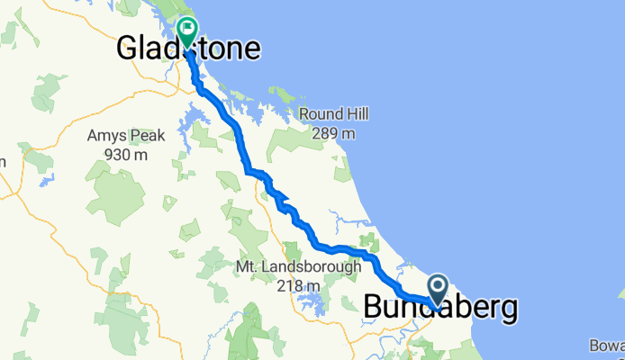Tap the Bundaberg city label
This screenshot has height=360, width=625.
[441, 308]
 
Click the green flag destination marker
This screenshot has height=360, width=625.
[187, 31]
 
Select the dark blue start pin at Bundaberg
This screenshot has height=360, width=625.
[438, 290]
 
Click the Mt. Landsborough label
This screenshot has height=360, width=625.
[297, 267]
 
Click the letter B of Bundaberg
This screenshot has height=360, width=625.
[373, 308]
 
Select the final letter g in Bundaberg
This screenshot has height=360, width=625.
[510, 310]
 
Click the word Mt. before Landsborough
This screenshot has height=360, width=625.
[246, 267]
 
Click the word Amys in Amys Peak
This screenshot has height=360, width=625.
[101, 137]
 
